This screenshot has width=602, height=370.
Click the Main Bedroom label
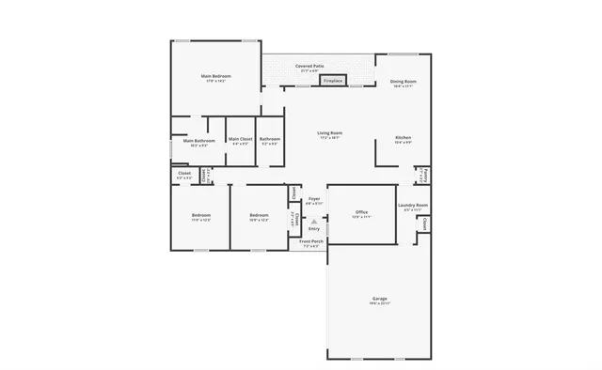tap(215, 76)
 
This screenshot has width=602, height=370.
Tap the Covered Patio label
tap(309, 67)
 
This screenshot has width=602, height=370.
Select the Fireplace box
tap(332, 82)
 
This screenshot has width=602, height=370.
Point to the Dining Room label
tap(404, 81)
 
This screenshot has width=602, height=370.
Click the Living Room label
tap(329, 133)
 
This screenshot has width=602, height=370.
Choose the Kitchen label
tap(403, 138)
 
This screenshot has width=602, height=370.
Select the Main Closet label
tap(240, 139)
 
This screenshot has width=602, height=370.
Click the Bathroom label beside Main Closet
tap(270, 139)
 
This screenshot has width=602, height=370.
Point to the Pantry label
tap(425, 175)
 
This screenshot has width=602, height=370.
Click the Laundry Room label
tap(413, 205)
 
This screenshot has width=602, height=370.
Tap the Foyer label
tap(314, 199)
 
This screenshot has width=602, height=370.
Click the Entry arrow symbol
tap(314, 222)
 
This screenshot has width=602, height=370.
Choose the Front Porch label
tap(312, 241)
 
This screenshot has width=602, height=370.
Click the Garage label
tap(379, 299)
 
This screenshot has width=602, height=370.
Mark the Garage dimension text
tap(379, 304)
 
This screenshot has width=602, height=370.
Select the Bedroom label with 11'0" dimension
tap(200, 216)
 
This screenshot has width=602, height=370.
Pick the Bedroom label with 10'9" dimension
tap(259, 216)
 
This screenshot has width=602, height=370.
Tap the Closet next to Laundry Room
tap(425, 225)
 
